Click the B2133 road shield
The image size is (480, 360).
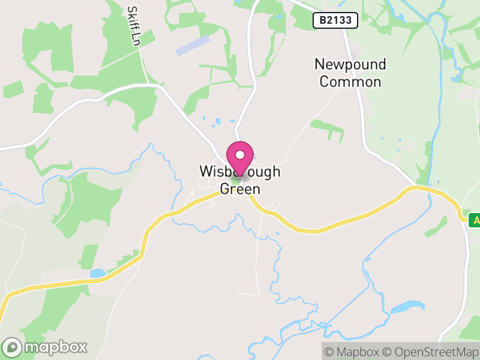tap(335, 20)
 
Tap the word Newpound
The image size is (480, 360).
tap(350, 64)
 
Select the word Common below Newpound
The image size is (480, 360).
tap(350, 82)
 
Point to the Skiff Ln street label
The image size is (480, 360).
tap(133, 27)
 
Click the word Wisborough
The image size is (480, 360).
tap(240, 172)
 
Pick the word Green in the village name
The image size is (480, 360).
tap(240, 189)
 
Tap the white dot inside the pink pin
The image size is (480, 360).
tap(240, 155)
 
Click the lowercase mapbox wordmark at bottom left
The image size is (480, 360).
tap(55, 347)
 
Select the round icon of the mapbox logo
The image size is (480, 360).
tap(13, 347)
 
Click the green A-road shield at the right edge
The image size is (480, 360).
tap(475, 220)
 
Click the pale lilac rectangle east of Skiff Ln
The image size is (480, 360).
tap(193, 46)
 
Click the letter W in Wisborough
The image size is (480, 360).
tap(206, 172)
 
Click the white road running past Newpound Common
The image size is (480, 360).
tap(361, 108)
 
